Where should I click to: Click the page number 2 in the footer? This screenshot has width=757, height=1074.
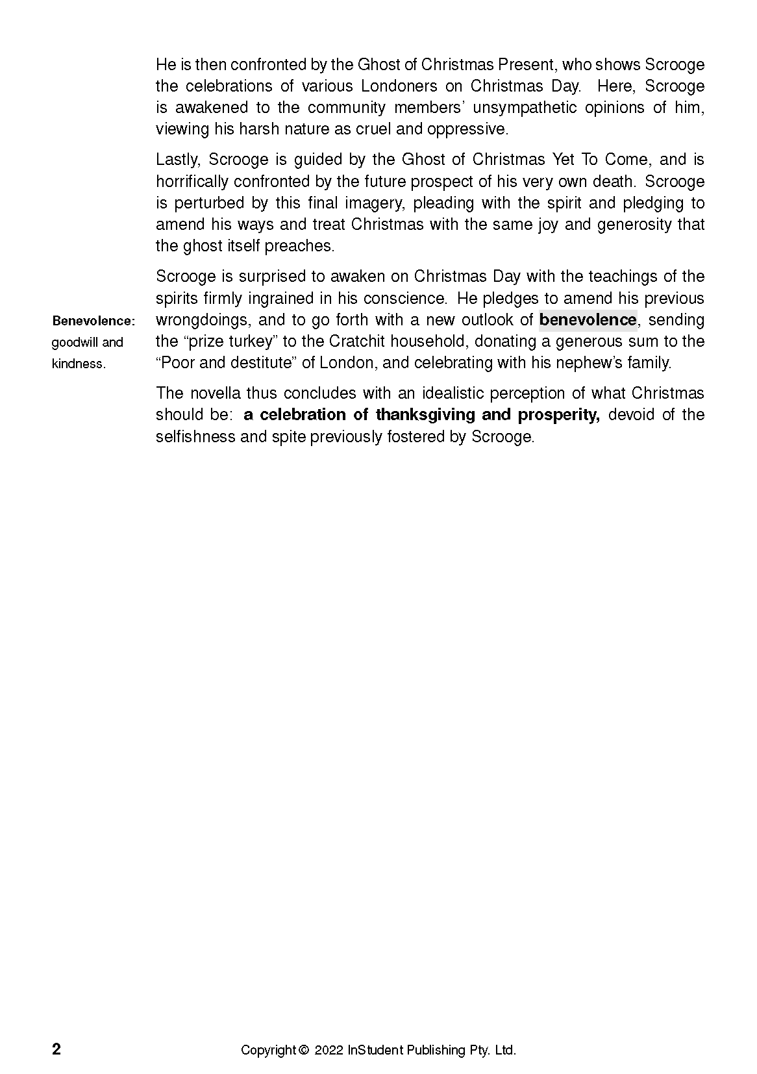56,1049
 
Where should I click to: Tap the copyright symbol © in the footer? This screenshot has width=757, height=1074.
303,1050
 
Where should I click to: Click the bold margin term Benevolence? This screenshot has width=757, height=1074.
93,321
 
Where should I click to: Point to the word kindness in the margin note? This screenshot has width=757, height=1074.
77,364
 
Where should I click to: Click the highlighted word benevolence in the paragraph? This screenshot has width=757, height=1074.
588,319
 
